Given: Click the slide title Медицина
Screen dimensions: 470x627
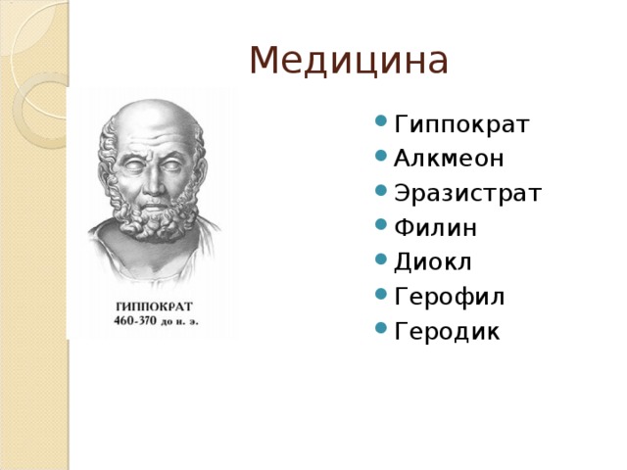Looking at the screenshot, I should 349,61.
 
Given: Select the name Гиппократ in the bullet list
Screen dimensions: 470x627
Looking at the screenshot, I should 461,125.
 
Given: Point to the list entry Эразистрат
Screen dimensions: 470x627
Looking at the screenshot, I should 466,194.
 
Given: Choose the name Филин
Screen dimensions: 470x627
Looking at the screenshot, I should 435,228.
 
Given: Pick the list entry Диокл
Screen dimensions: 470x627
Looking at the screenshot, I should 434,262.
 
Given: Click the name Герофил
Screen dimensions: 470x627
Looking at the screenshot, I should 450,297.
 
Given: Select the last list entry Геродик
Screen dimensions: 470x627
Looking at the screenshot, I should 447,332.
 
